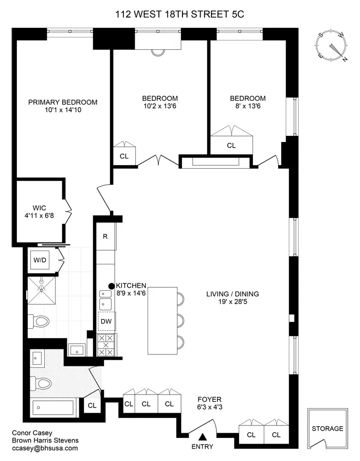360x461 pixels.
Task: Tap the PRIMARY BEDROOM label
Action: click(x=63, y=102)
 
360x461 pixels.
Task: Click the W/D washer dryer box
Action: click(x=40, y=260)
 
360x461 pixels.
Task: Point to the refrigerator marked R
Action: click(x=105, y=237)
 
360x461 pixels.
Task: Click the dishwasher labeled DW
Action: click(x=106, y=322)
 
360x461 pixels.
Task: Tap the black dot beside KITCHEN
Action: click(x=111, y=286)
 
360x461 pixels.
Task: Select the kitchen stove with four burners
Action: click(x=106, y=344)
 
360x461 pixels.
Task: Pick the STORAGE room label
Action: click(x=327, y=429)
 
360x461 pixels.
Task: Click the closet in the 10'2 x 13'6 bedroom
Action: click(x=124, y=155)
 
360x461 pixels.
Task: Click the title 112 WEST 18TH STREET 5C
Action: click(x=179, y=14)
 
